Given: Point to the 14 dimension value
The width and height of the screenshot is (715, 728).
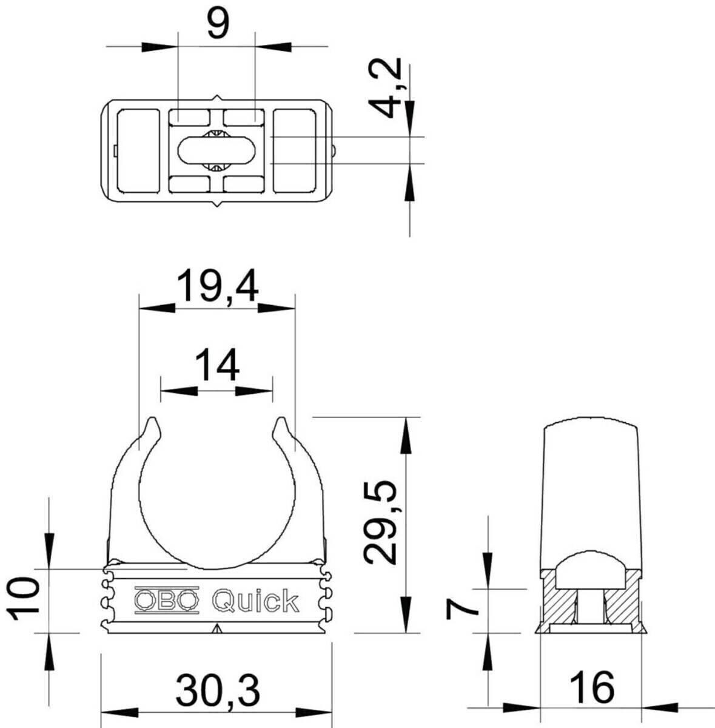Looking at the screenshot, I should (x=217, y=366).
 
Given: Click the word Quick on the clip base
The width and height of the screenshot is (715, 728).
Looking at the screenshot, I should (x=255, y=601).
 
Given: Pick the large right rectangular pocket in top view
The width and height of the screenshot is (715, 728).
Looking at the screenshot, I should (x=295, y=150).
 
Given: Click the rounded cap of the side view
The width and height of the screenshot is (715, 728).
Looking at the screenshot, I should (x=591, y=431).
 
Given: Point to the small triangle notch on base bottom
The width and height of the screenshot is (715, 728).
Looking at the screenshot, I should (x=217, y=629).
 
